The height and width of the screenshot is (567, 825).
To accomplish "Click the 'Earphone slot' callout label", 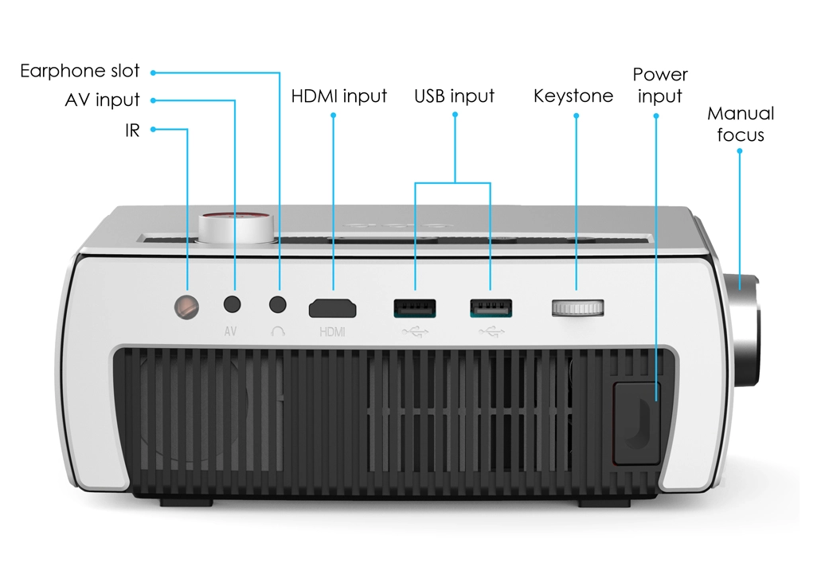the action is click(x=80, y=71).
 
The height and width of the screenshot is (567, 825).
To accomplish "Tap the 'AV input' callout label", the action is click(x=102, y=100).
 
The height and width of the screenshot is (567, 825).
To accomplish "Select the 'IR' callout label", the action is click(x=132, y=130).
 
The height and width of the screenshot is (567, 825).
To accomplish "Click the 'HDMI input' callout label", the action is click(x=339, y=96).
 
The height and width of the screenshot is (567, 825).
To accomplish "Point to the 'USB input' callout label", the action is click(x=454, y=96).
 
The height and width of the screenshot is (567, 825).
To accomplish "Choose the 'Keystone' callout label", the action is click(x=573, y=96).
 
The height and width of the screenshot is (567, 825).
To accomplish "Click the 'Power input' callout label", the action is click(x=660, y=85).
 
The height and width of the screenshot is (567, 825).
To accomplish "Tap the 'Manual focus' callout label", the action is click(x=741, y=124).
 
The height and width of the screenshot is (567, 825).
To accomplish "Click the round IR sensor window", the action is click(x=187, y=307).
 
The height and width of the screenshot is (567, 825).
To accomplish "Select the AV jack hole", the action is click(x=232, y=304).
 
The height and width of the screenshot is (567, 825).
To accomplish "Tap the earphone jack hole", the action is click(x=278, y=304).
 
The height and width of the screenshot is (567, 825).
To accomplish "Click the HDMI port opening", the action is click(x=333, y=308).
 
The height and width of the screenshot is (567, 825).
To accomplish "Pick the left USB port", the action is click(x=415, y=307).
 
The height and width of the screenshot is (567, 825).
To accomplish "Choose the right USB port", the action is click(x=491, y=307).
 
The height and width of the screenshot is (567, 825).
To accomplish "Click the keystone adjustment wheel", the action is click(x=577, y=308).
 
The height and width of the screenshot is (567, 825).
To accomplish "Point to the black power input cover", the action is click(x=636, y=424).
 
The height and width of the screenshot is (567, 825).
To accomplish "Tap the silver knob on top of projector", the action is click(x=237, y=228).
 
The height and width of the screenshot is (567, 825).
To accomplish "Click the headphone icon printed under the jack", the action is click(x=278, y=331).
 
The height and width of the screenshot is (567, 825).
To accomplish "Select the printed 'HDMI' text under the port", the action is click(x=333, y=332).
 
